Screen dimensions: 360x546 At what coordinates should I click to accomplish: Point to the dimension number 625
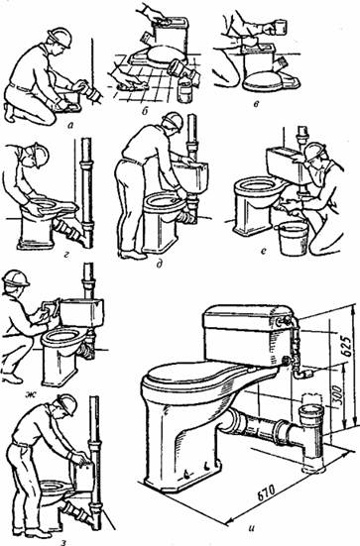click(x=346, y=346)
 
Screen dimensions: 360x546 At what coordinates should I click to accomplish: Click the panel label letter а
click(x=70, y=127)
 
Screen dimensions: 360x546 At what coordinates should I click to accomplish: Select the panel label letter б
click(x=144, y=111)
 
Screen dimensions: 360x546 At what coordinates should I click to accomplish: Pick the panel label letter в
click(x=257, y=104)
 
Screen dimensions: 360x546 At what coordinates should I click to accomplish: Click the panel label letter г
click(x=65, y=258)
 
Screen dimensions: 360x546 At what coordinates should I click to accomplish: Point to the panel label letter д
click(x=160, y=265)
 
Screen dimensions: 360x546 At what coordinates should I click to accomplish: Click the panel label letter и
click(x=251, y=527)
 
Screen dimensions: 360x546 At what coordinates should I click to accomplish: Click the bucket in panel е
click(x=293, y=238)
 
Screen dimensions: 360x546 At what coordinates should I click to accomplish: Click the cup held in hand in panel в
click(x=282, y=27)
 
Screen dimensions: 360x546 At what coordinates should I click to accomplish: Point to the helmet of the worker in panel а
click(x=60, y=37)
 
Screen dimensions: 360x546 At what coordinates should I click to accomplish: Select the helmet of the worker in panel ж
click(x=15, y=278)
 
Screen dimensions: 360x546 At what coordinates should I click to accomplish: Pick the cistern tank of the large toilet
click(x=247, y=334)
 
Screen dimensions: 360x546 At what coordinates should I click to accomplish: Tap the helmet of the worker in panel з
click(x=66, y=404)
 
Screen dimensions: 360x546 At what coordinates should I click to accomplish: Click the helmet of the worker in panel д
click(x=174, y=122)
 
